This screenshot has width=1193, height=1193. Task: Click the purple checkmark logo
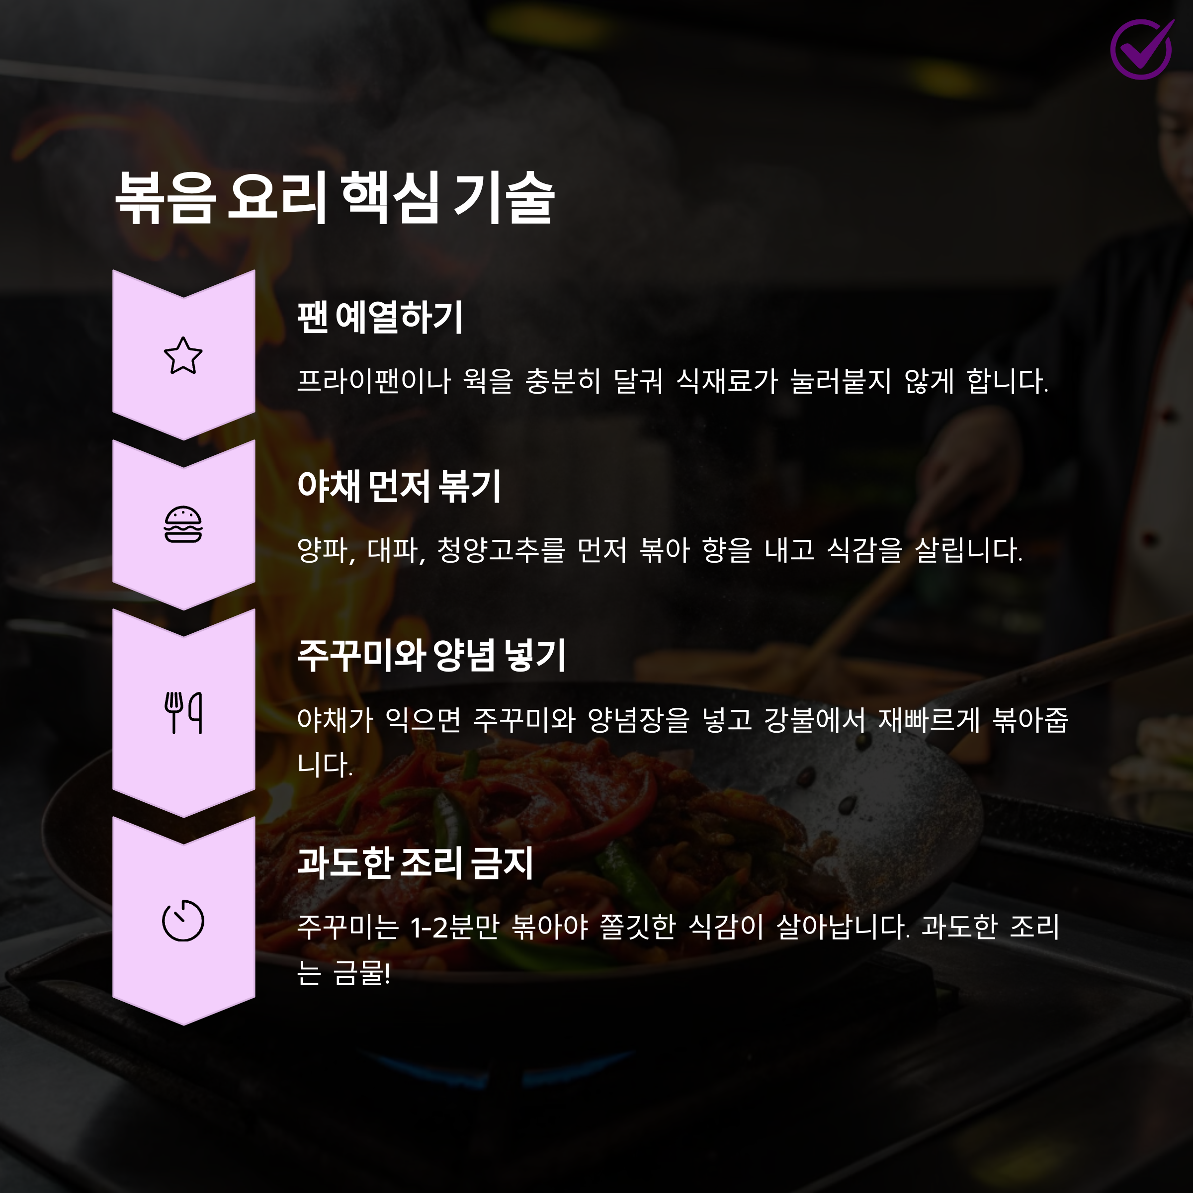(1142, 49)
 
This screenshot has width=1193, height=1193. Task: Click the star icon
(183, 356)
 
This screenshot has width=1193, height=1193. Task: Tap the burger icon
(183, 524)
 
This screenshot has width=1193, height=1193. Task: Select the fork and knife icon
(183, 713)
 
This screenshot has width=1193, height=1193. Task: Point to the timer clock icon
(183, 921)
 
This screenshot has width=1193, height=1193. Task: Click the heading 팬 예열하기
(380, 318)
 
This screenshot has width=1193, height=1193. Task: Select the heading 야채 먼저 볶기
(399, 486)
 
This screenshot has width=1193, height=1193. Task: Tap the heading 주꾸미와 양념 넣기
(431, 655)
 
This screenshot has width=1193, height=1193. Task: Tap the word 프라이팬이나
(374, 381)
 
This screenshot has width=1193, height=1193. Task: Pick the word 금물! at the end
(361, 974)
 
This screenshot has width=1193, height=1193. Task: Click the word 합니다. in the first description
(1007, 381)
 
